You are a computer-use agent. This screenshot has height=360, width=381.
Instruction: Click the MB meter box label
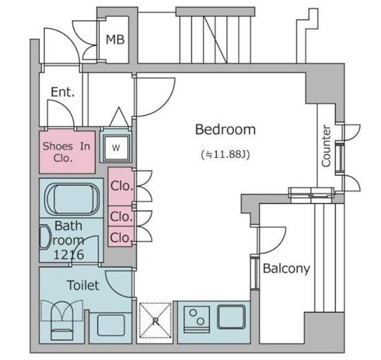(115, 40)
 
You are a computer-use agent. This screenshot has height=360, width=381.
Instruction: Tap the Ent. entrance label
(63, 92)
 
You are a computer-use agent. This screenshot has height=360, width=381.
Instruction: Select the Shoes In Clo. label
(66, 152)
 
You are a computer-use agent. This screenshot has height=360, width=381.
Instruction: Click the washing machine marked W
(116, 148)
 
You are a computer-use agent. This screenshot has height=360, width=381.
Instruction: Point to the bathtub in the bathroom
(72, 199)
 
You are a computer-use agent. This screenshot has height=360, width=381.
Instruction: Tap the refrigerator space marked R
(155, 320)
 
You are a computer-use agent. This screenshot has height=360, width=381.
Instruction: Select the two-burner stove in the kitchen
(196, 319)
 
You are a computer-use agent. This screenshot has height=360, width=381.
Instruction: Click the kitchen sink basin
(231, 317)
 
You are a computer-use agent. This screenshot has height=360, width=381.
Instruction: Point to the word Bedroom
(226, 130)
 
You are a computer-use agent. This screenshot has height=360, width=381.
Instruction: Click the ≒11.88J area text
(226, 154)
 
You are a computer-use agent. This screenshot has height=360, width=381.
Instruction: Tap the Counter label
(326, 146)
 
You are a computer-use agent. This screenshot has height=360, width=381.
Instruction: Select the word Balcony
(286, 269)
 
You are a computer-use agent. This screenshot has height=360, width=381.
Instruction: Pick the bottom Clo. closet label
(121, 237)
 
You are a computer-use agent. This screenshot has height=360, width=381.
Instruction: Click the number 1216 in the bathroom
(69, 255)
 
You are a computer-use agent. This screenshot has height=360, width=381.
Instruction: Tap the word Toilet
(83, 285)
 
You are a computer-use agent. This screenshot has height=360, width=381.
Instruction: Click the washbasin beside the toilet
(111, 325)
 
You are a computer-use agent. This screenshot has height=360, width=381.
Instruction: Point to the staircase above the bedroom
(216, 36)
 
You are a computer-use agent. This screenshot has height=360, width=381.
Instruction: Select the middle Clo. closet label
(121, 216)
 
